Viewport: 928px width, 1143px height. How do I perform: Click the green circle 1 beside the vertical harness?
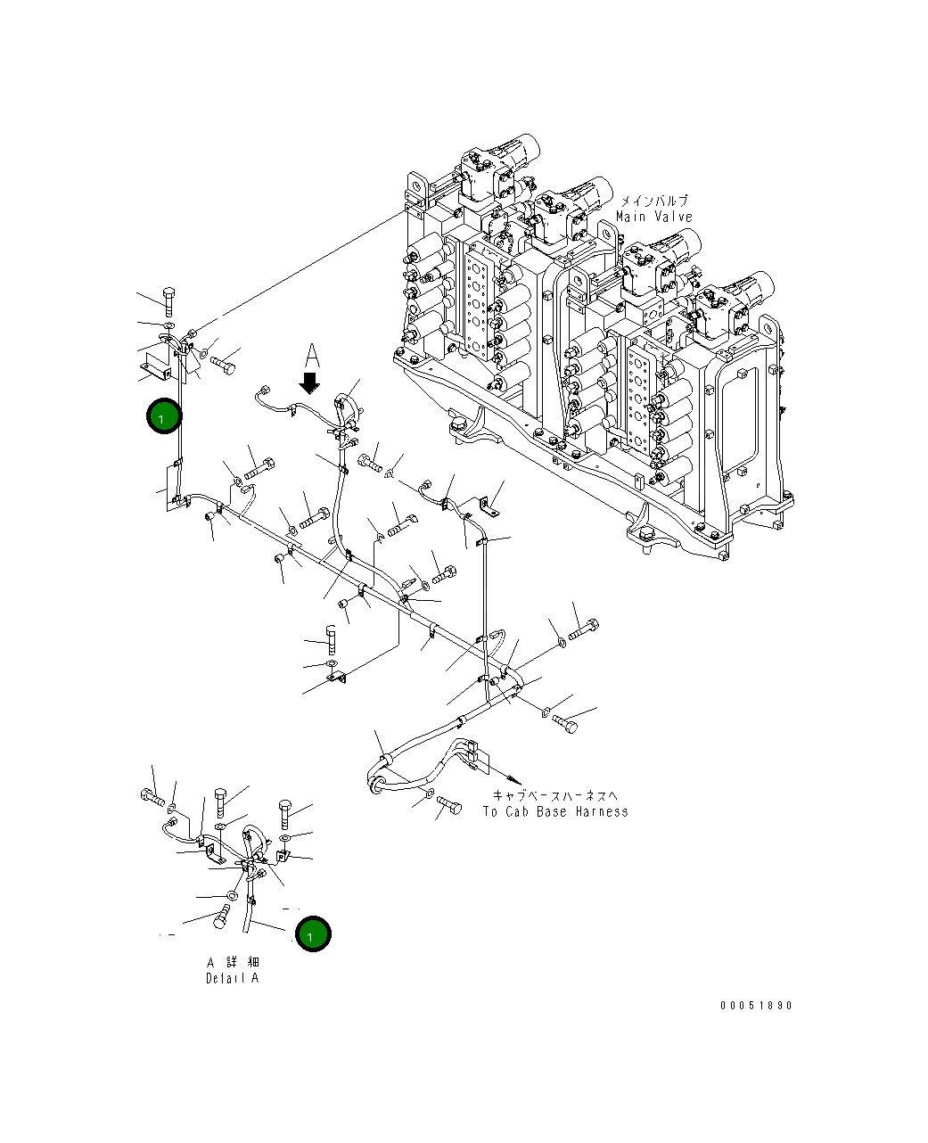click(x=164, y=415)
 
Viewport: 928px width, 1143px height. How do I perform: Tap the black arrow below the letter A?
click(x=309, y=383)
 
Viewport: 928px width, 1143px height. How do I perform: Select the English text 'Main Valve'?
click(x=654, y=217)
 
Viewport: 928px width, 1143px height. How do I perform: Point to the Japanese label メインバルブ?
click(x=654, y=201)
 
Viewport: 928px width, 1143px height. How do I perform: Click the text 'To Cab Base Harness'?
click(x=555, y=811)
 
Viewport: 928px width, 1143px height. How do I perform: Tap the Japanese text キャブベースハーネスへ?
click(x=555, y=795)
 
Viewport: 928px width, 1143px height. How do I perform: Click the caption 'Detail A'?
click(x=233, y=978)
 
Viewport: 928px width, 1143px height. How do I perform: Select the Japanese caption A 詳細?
click(x=233, y=962)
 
